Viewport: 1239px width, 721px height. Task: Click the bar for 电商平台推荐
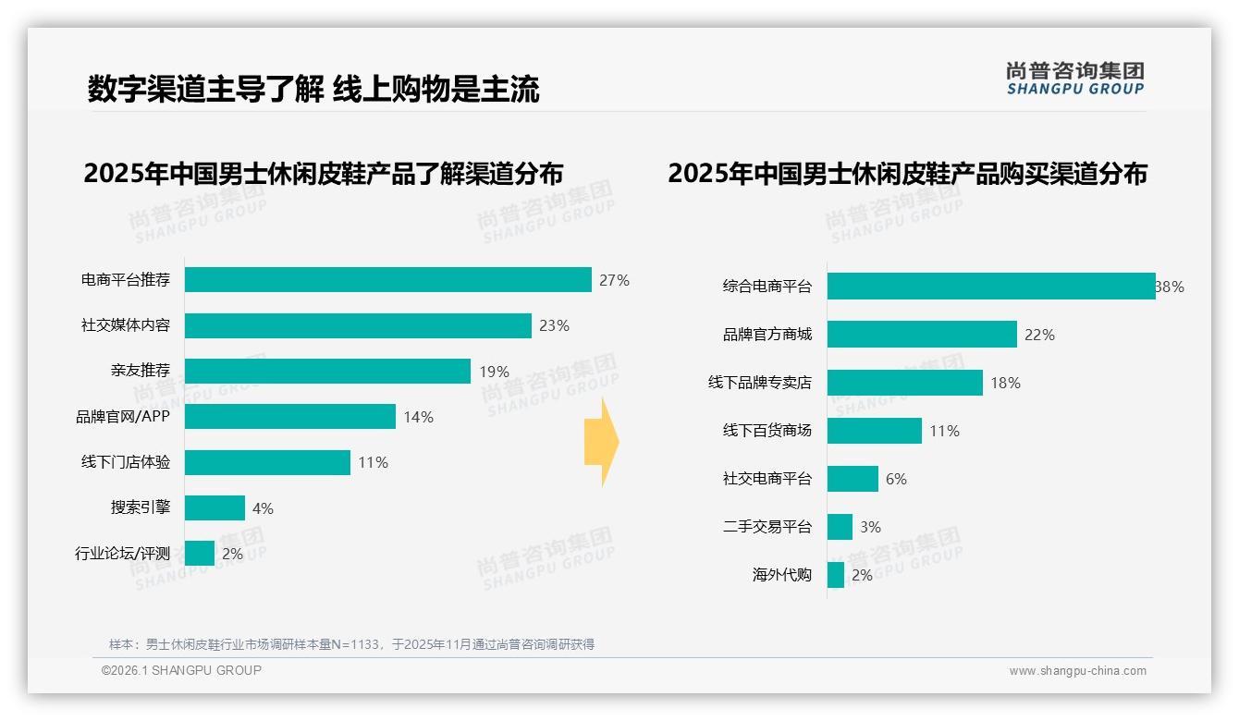387,279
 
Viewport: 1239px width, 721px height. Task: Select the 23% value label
554,325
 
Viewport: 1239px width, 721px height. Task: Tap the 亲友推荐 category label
140,371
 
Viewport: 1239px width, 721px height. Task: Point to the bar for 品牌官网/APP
289,417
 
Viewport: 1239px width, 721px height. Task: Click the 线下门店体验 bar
267,462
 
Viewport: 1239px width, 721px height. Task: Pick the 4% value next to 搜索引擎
263,508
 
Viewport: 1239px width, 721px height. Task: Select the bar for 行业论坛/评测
200,554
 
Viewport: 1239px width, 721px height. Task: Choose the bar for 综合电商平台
990,287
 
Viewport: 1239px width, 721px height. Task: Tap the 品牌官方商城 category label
767,335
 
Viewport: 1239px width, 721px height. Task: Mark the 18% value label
1005,383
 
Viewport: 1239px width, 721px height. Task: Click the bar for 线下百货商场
874,431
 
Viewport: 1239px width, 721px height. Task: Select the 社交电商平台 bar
853,479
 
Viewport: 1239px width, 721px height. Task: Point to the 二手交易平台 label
767,527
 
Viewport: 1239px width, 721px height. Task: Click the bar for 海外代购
836,575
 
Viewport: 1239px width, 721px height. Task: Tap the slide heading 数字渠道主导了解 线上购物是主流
313,89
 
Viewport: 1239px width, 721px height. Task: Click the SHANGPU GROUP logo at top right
1074,79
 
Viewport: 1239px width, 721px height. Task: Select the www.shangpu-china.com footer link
1077,671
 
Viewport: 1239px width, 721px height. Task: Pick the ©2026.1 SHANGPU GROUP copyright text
181,670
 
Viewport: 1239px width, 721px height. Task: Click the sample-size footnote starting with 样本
351,644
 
